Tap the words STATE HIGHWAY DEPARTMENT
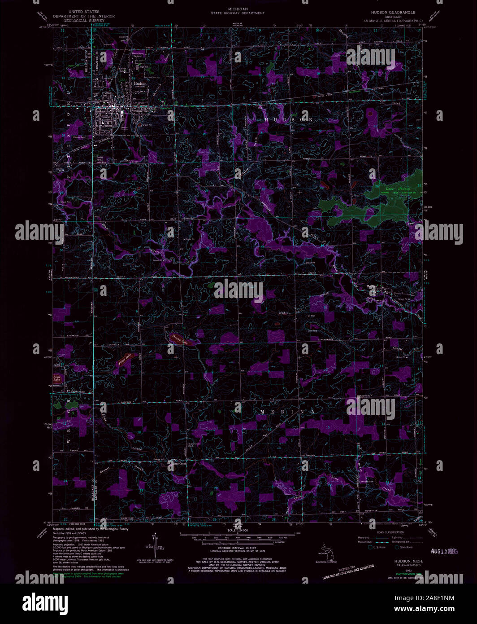pos(238,13)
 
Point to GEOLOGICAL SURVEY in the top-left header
pos(84,21)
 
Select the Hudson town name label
pos(138,83)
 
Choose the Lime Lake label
pos(57,378)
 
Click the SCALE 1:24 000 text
pos(238,530)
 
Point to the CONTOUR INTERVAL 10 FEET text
pos(238,549)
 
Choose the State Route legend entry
pos(403,547)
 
